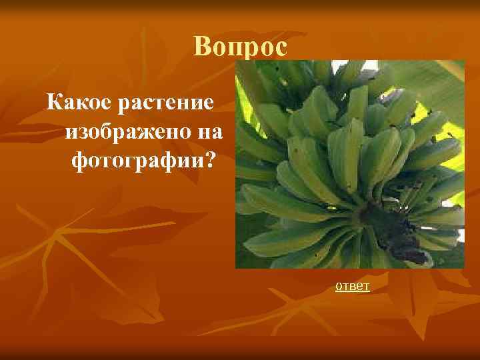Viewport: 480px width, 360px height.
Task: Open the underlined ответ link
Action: pos(353,286)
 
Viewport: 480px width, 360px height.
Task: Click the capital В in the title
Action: pos(203,47)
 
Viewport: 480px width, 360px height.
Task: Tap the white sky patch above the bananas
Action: pos(371,66)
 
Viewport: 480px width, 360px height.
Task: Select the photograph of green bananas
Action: pos(349,164)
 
